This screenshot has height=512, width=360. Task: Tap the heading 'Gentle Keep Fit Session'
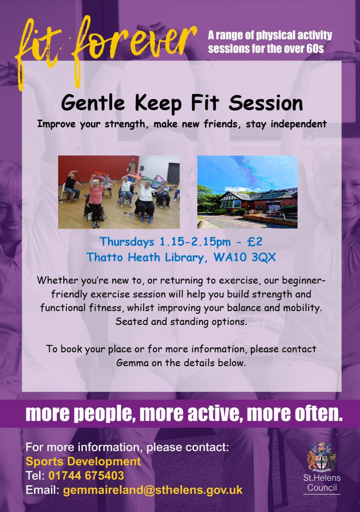[x=181, y=103]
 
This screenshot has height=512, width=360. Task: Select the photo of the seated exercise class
[x=119, y=192]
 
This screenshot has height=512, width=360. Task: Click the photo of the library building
[x=247, y=192]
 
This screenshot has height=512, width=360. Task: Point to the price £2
[x=255, y=242]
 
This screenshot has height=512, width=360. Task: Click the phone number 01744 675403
[x=86, y=475]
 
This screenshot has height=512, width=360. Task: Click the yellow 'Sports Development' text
[x=83, y=461]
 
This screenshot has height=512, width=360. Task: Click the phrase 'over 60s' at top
[x=305, y=49]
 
